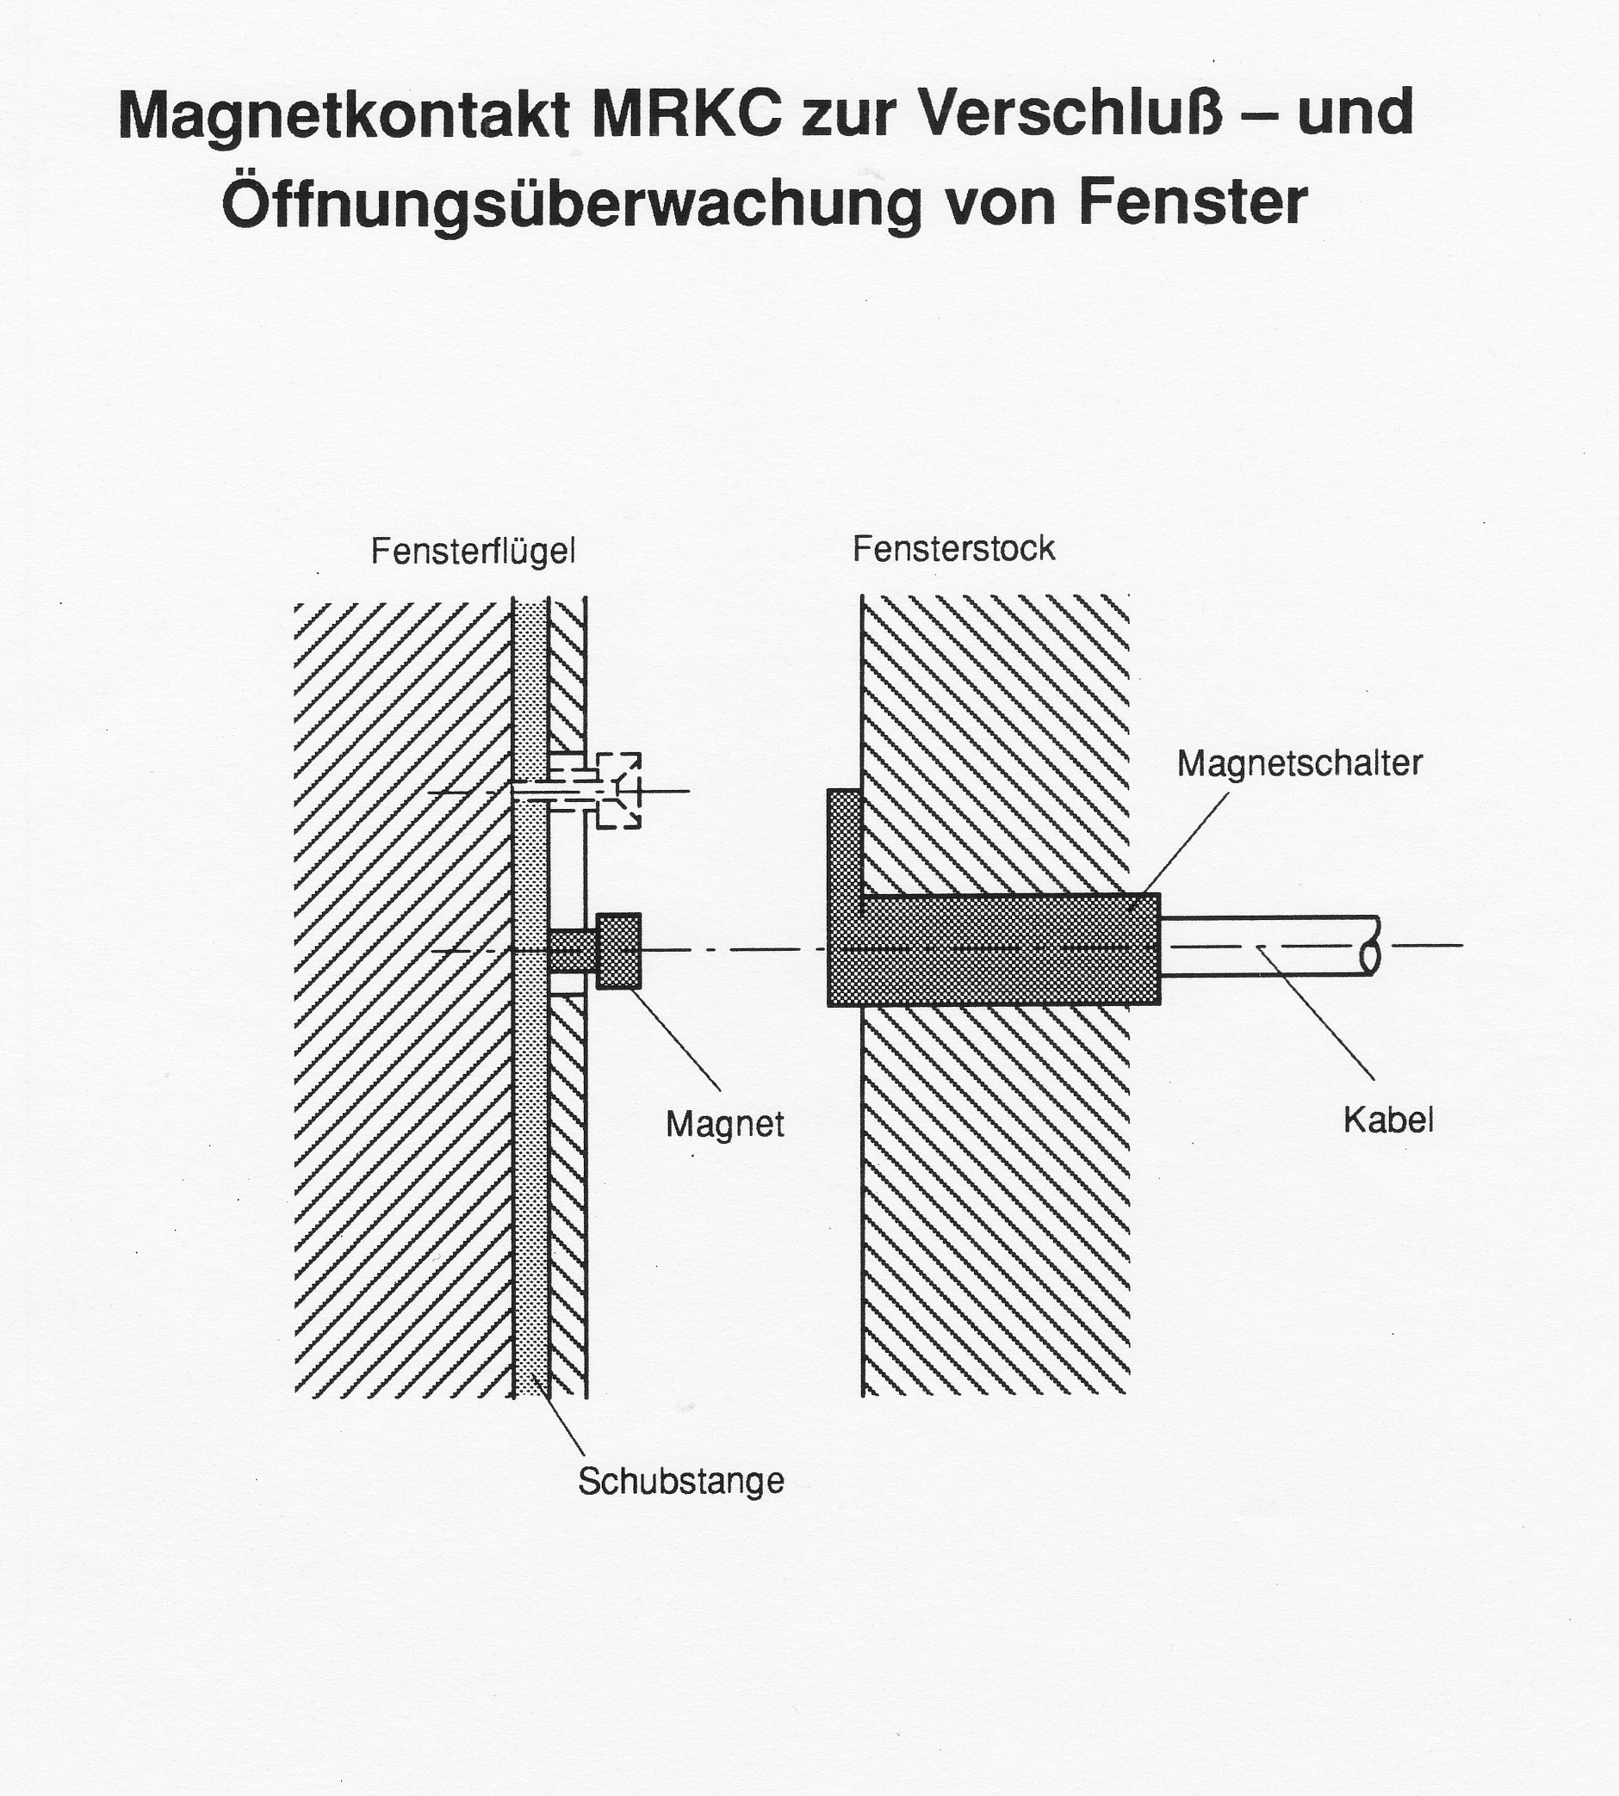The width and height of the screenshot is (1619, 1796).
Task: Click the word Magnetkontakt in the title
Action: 343,115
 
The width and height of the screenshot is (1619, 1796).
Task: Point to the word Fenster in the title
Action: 1193,202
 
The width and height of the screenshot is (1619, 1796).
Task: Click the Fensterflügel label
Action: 474,552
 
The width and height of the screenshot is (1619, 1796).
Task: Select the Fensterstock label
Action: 953,549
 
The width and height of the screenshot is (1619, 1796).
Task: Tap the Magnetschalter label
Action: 1300,763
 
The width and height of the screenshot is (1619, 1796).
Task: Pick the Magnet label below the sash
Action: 725,1125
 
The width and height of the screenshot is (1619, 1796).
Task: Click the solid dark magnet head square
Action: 619,950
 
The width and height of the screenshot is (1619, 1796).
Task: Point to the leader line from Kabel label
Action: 1317,1013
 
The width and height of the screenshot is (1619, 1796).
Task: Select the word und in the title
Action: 1355,114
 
